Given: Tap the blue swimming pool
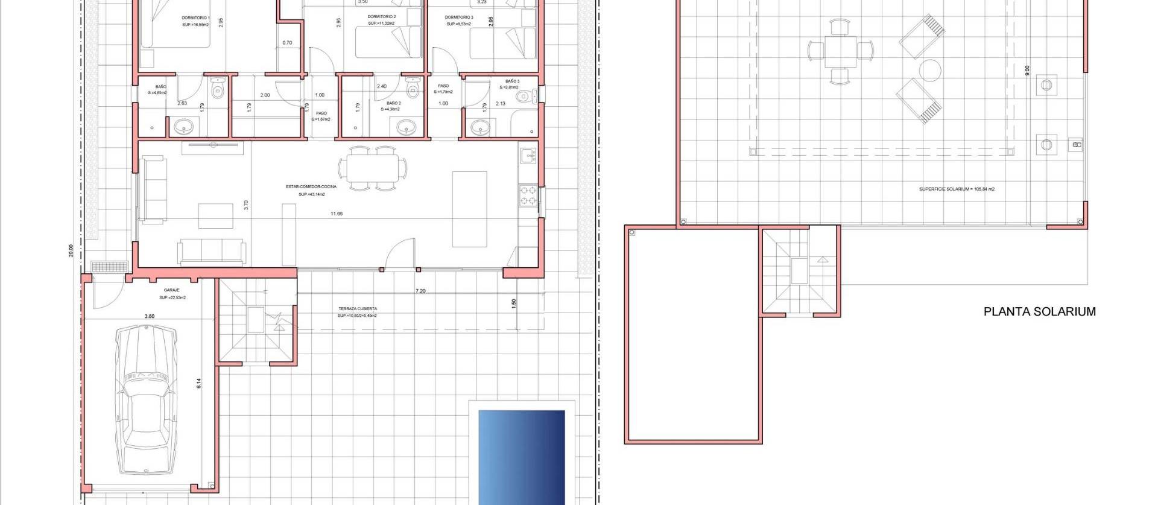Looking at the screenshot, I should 522,457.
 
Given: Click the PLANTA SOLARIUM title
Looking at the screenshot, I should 1039,312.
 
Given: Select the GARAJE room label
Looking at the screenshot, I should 172,290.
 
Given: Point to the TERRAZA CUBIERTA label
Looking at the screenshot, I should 358,309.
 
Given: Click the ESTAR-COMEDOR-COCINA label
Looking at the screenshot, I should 311,187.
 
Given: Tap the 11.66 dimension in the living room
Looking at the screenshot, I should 337,214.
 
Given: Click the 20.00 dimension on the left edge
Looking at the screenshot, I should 71,250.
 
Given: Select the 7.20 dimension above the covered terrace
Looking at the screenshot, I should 420,291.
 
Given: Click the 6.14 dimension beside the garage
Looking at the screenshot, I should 198,383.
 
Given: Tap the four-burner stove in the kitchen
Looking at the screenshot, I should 528,195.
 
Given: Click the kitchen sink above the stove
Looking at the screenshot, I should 528,156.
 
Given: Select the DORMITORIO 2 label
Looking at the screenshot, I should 382,17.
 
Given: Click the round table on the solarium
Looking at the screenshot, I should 930,71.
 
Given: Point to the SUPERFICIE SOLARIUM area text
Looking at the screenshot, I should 957,189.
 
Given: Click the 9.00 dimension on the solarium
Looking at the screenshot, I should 1027,71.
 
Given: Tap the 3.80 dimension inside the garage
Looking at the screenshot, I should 150,316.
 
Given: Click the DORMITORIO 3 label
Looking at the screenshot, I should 459,17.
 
